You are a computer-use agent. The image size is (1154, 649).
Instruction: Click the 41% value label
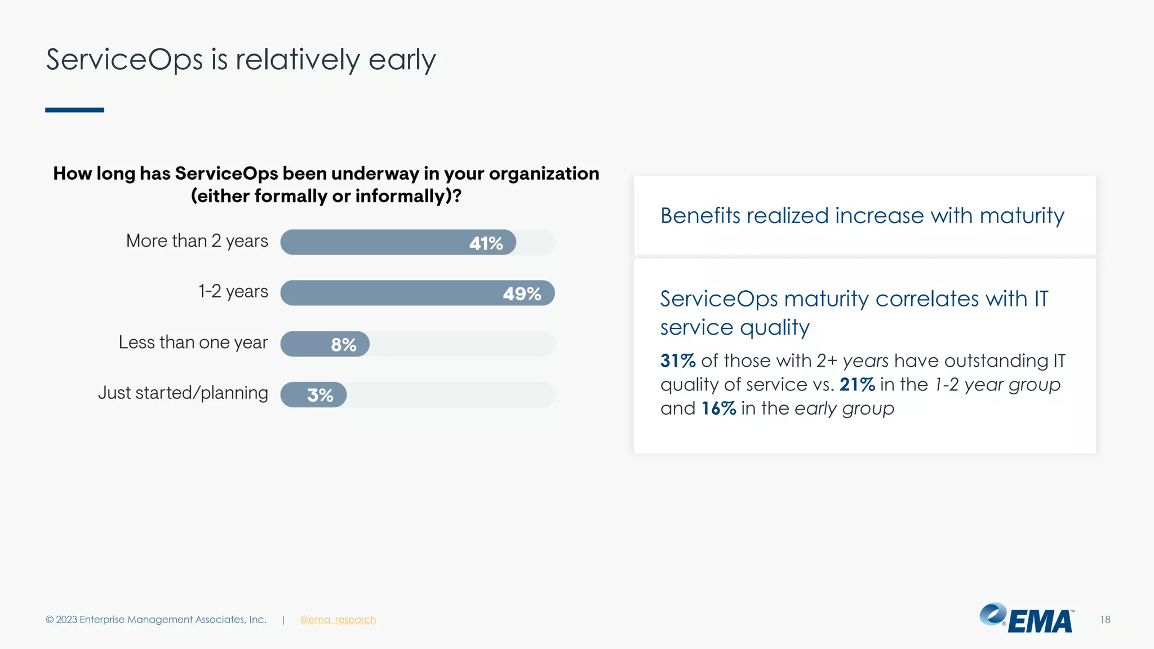point(486,243)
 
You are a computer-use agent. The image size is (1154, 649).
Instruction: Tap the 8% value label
point(343,345)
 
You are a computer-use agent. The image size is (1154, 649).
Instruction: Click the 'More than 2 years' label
point(197,241)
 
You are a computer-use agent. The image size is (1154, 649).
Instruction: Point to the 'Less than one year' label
point(193,343)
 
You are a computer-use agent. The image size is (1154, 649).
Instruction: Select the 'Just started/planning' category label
point(183,393)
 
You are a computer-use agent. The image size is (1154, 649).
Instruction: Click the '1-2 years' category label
point(233,291)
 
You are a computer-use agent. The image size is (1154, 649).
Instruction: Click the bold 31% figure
point(678,361)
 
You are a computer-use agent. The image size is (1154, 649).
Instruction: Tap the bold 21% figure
point(856,385)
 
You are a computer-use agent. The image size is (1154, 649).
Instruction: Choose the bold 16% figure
point(718,408)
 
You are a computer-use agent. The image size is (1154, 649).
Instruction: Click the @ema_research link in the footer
point(338,620)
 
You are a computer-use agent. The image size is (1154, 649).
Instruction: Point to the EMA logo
point(1027,619)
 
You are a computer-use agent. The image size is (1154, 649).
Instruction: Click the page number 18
point(1105,620)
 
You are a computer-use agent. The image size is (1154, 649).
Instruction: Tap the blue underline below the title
point(74,110)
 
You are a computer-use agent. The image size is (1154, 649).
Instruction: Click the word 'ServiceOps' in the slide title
point(124,60)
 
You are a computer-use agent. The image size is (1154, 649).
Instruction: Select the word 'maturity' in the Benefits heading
point(1022,216)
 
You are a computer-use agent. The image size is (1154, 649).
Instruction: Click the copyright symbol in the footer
point(50,620)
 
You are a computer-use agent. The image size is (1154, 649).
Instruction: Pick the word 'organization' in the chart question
point(544,174)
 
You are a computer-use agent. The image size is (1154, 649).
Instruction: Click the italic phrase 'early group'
point(844,408)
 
